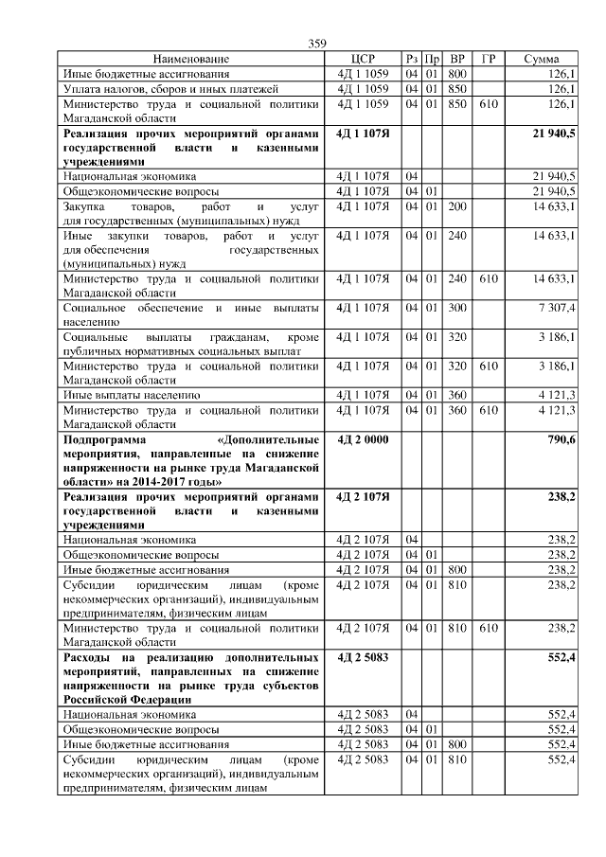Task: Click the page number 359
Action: [x=317, y=44]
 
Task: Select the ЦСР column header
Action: [x=364, y=59]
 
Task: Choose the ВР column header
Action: [x=458, y=59]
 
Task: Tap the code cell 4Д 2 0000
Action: [x=363, y=440]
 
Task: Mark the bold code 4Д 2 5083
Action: [x=363, y=656]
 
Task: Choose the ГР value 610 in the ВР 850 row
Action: [x=489, y=104]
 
